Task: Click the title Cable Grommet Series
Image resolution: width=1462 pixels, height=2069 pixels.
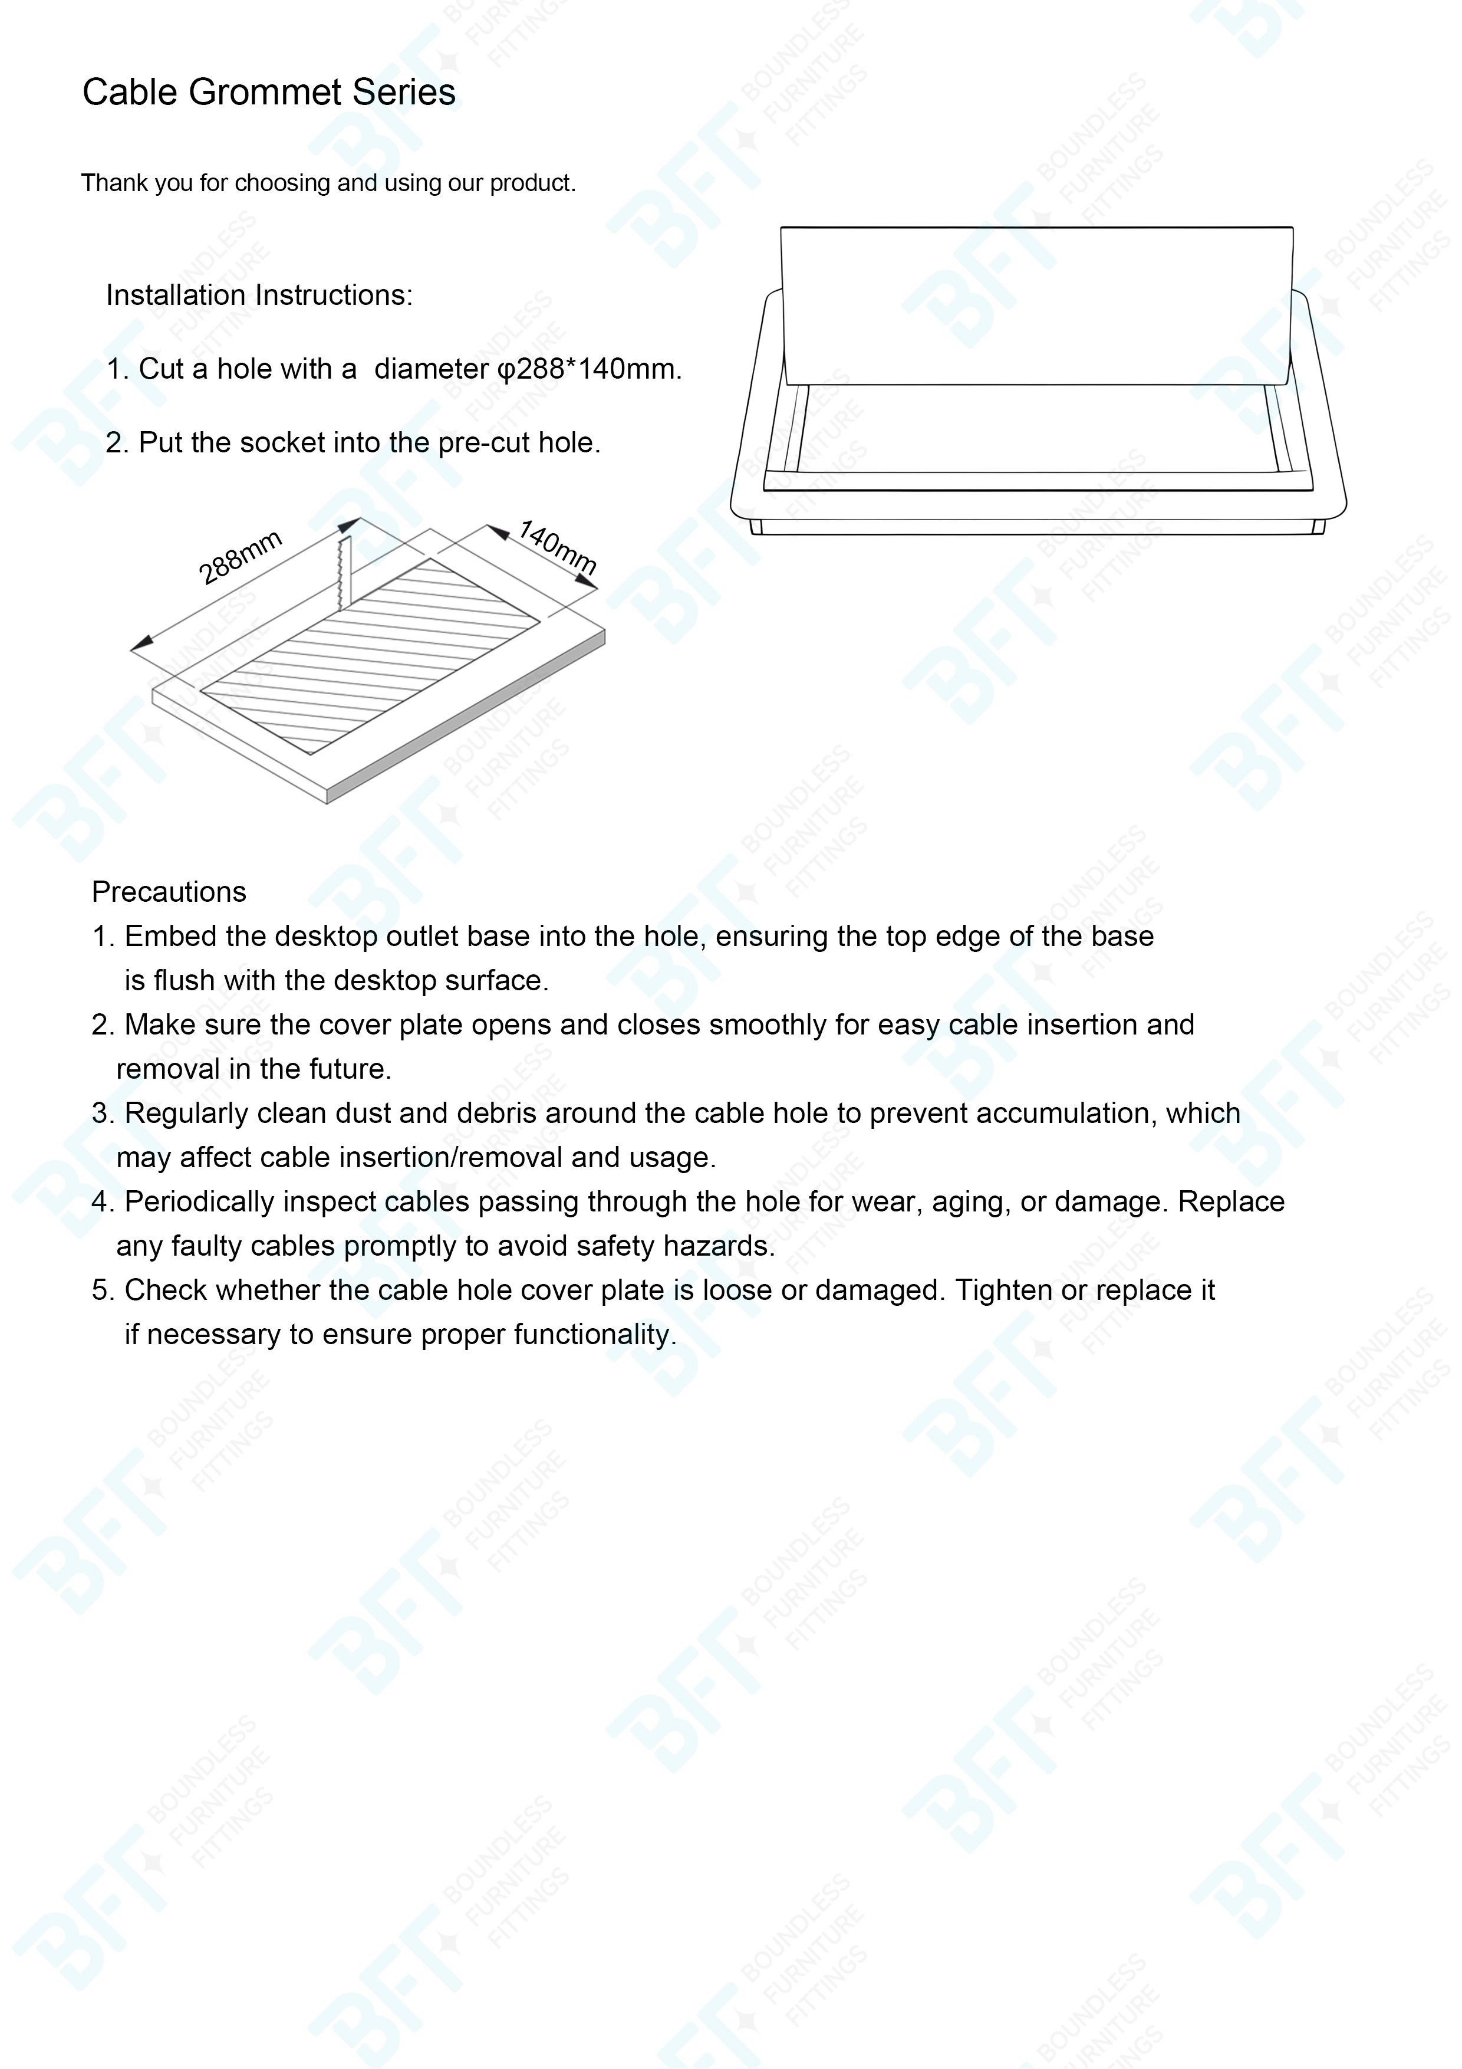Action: click(268, 92)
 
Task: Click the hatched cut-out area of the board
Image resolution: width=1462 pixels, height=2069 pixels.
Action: click(369, 656)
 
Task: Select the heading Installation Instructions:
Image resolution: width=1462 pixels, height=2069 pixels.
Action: click(259, 295)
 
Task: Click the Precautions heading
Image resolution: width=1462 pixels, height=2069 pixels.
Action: click(169, 892)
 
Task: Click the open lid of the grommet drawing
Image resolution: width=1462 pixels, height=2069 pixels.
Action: click(1037, 306)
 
